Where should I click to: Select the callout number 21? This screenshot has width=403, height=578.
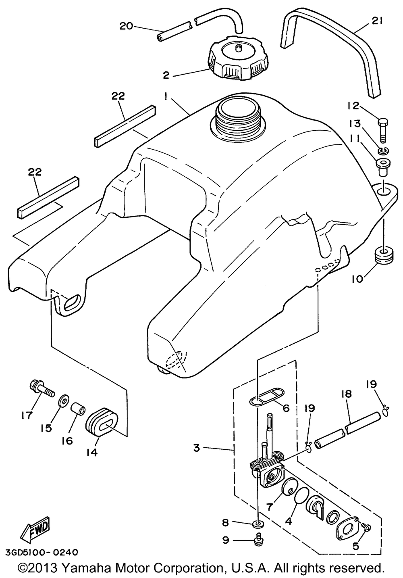click(376, 21)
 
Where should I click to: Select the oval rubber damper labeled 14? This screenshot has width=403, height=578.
click(101, 422)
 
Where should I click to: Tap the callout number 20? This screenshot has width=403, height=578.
click(126, 26)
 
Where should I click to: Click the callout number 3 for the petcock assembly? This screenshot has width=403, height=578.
click(197, 448)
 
